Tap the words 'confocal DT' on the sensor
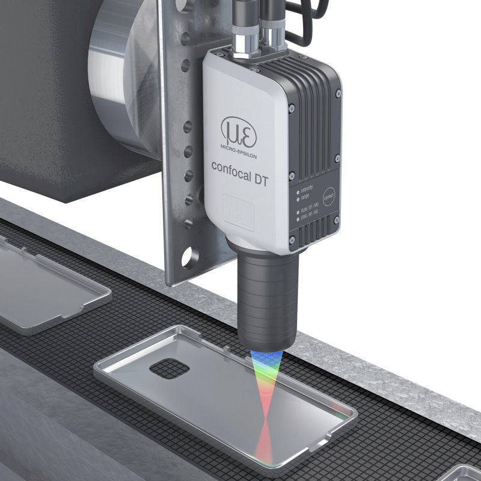(240, 166)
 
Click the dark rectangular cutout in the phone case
(170, 369)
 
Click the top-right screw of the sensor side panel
(339, 94)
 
